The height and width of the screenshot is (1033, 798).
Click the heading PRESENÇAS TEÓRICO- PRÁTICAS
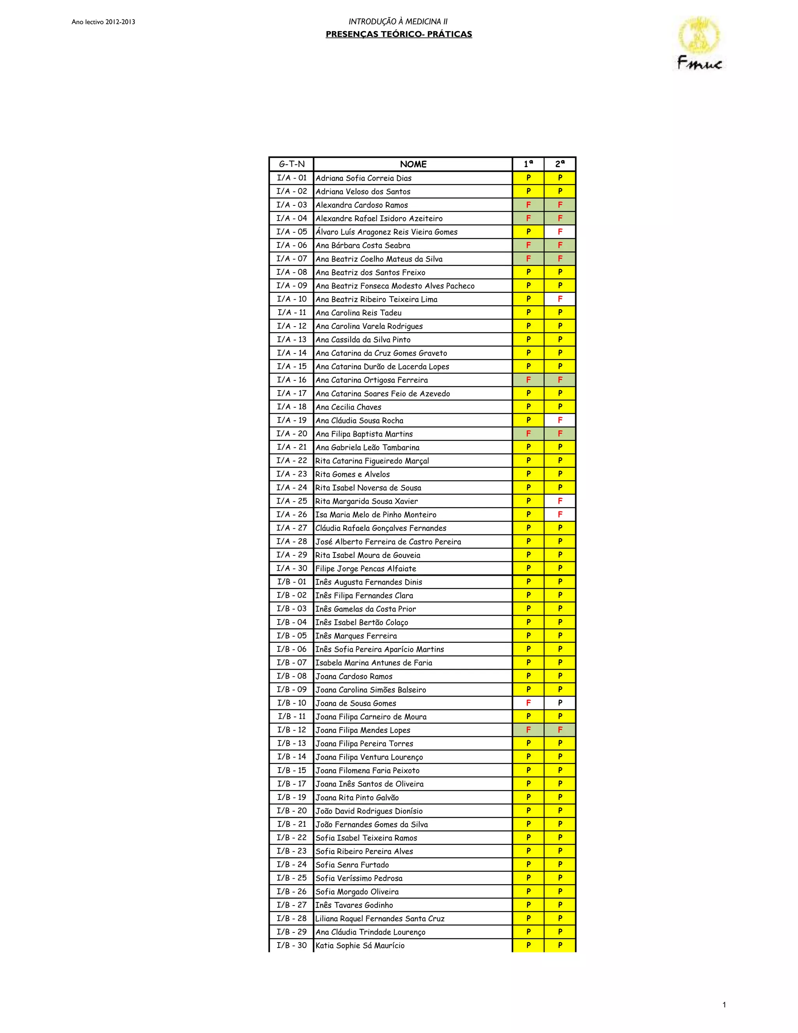399,34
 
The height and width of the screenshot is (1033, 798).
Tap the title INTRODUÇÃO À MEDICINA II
398,21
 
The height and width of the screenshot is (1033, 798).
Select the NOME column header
413,164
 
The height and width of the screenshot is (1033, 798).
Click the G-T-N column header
292,164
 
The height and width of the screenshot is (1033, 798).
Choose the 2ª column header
560,164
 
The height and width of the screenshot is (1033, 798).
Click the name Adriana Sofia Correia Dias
364,178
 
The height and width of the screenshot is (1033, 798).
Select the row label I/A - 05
292,232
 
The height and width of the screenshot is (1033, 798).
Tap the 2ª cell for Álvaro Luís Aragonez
560,232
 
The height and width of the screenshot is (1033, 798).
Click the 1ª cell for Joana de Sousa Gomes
528,703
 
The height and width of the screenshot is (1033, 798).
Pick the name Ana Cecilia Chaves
348,407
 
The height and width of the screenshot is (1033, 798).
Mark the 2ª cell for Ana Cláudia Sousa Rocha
560,420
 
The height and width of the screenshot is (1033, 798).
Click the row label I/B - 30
292,945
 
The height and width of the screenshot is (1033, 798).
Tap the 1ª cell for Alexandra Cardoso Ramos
528,205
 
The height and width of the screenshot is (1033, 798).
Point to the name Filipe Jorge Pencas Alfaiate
366,568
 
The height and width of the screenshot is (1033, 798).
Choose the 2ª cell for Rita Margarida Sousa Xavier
560,501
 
